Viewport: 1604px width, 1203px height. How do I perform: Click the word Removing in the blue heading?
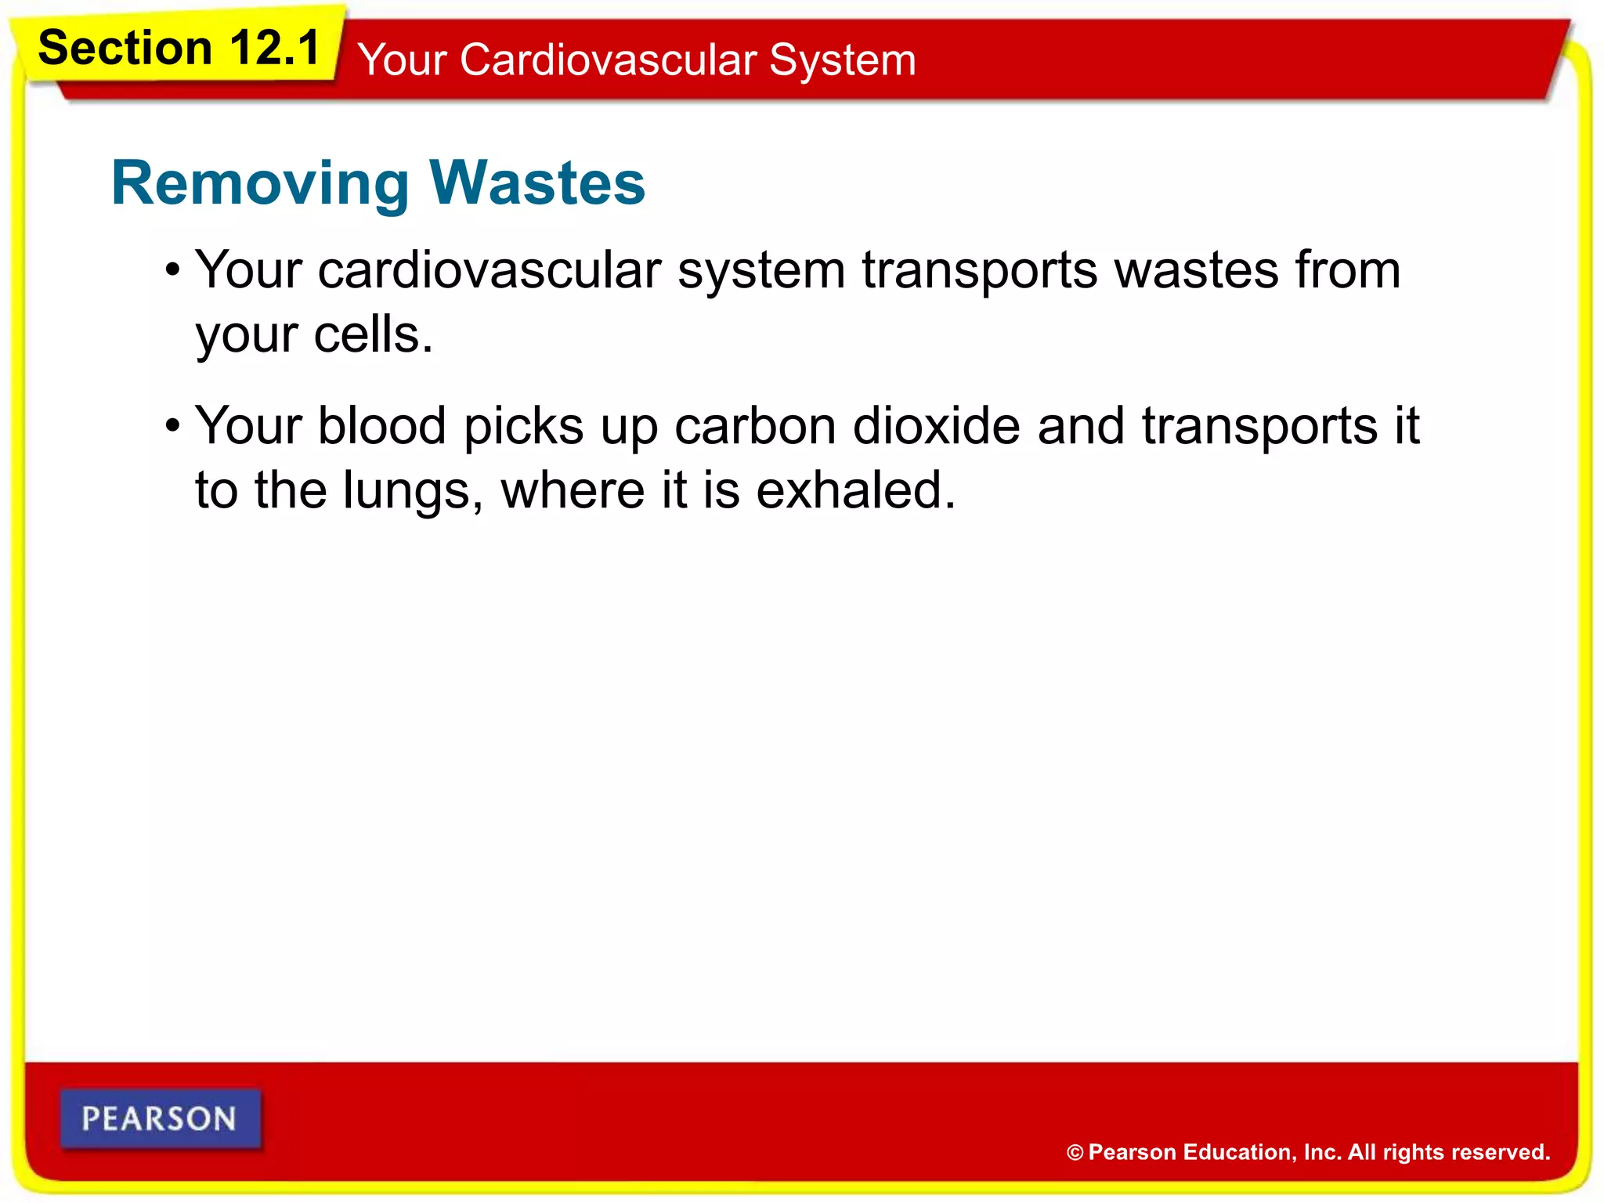click(x=260, y=184)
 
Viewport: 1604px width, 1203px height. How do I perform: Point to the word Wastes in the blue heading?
click(x=537, y=182)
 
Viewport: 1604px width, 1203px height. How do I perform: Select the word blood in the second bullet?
click(x=382, y=426)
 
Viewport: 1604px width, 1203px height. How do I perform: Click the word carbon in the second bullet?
click(x=755, y=426)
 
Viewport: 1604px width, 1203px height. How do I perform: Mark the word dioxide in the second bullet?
click(x=937, y=426)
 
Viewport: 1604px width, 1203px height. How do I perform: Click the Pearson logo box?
click(x=160, y=1118)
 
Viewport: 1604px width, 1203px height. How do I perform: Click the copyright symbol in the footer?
click(x=1075, y=1152)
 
